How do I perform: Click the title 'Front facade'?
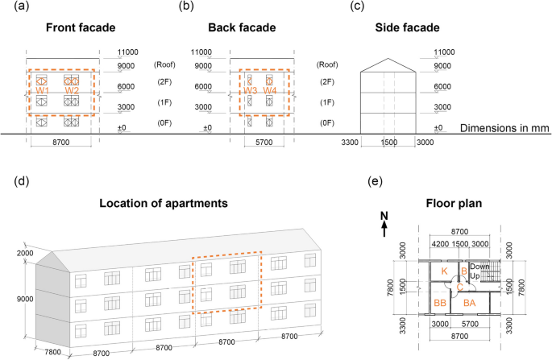coord(62,27)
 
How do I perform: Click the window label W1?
coord(44,91)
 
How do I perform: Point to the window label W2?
coord(71,91)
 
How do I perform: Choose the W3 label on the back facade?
coord(251,91)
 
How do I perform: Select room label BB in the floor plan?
coord(440,302)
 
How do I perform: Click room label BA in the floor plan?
coord(470,302)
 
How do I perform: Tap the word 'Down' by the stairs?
coord(480,266)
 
